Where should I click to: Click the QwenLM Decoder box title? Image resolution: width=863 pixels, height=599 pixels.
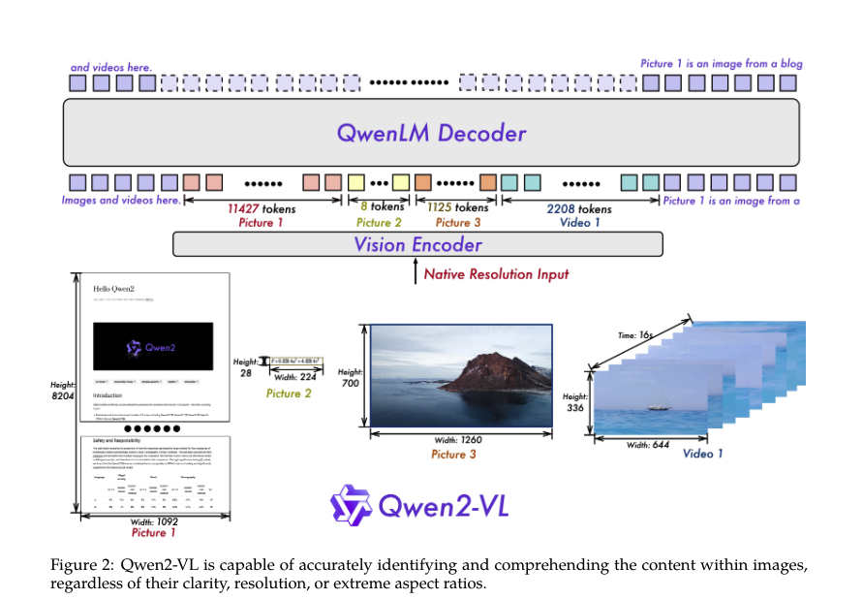pyautogui.click(x=431, y=134)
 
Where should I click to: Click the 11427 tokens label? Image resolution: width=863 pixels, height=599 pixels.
pyautogui.click(x=262, y=208)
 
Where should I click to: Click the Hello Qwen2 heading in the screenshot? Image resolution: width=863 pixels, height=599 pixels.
pyautogui.click(x=117, y=289)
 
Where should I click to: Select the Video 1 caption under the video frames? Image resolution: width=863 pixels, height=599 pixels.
pyautogui.click(x=702, y=454)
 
